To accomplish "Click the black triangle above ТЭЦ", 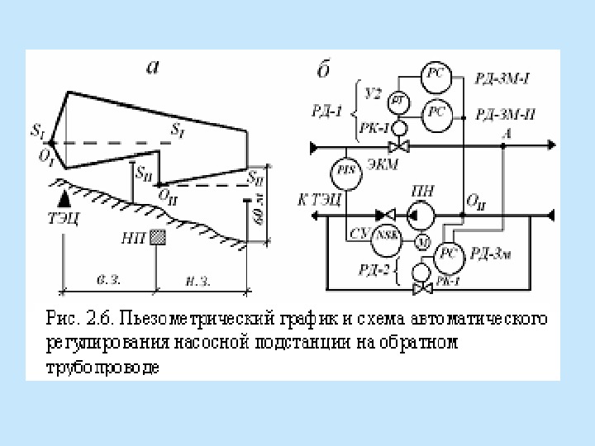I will tap(64, 199).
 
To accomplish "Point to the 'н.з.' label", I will tap(198, 280).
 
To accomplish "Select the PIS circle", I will tap(347, 172).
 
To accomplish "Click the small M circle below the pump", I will tap(419, 241).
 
